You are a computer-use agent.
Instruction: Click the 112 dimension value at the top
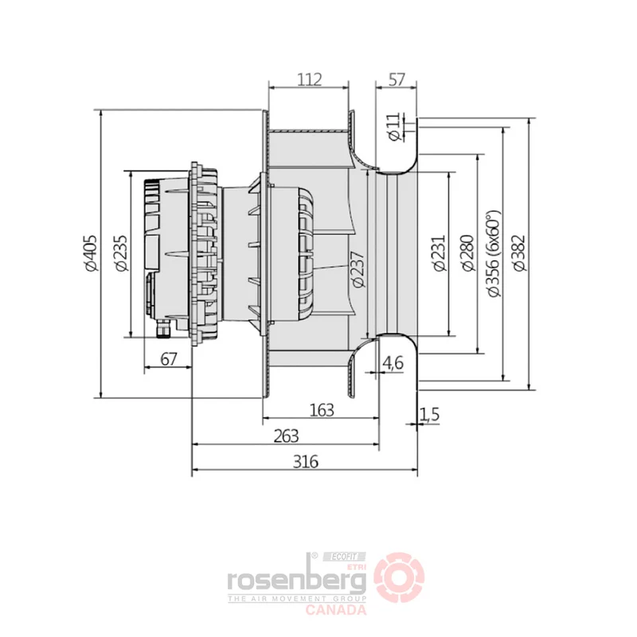click(310, 79)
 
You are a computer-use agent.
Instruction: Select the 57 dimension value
click(397, 79)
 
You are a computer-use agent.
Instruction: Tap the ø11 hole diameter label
click(393, 127)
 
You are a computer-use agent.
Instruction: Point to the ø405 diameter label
click(91, 252)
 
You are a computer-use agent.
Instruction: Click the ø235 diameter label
click(121, 252)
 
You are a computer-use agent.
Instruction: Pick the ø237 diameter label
click(358, 269)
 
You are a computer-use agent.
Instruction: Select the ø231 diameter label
click(440, 252)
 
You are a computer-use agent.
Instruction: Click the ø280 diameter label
click(467, 252)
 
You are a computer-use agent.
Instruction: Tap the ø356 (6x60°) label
click(494, 253)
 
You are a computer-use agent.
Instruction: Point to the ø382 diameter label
click(519, 252)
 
